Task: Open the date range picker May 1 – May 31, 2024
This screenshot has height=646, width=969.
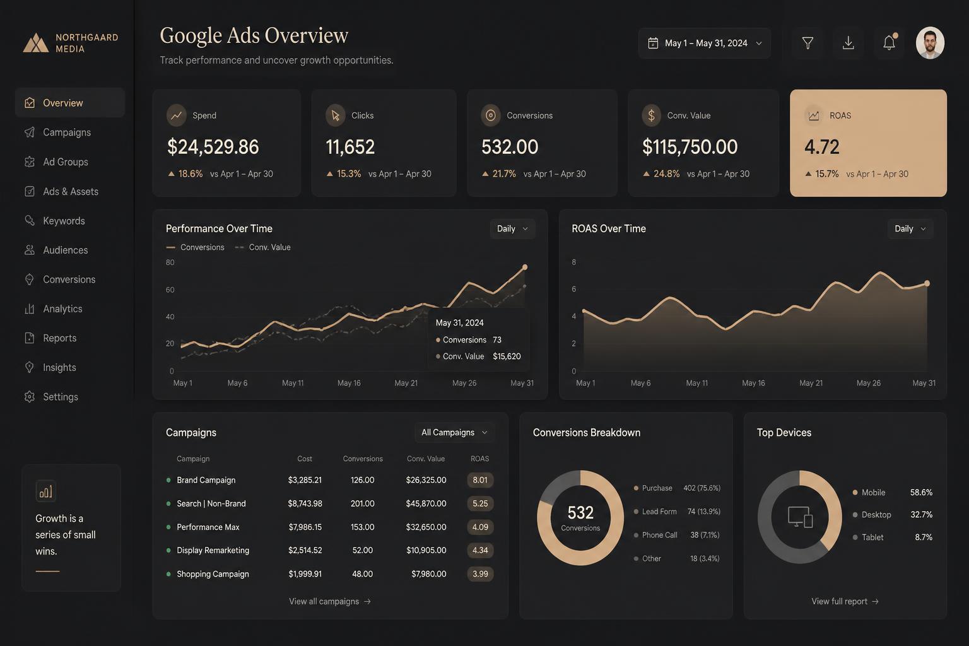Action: tap(704, 44)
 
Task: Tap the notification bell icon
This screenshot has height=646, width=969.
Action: tap(890, 42)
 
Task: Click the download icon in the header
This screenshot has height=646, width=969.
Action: tap(849, 43)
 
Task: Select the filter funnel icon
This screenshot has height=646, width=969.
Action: tap(807, 43)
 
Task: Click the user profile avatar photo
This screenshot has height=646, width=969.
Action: tap(930, 43)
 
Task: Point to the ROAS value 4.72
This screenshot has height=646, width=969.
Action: tap(821, 147)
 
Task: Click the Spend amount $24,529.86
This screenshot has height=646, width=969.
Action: tap(213, 147)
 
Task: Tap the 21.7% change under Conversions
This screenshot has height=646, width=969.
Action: tap(504, 173)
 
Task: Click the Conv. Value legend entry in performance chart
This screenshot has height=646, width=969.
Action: tap(262, 247)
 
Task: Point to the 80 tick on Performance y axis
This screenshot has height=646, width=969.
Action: tap(170, 262)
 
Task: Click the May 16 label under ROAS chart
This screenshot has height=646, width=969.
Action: tap(753, 383)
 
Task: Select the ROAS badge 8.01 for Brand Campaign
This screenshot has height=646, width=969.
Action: tap(480, 480)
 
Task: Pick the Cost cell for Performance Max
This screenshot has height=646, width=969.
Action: tap(305, 527)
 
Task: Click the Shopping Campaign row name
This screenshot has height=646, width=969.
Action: tap(213, 573)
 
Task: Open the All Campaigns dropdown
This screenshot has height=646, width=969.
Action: tap(454, 432)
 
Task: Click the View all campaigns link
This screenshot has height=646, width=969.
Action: tap(330, 601)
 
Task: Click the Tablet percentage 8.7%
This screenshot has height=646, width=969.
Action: tap(924, 537)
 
